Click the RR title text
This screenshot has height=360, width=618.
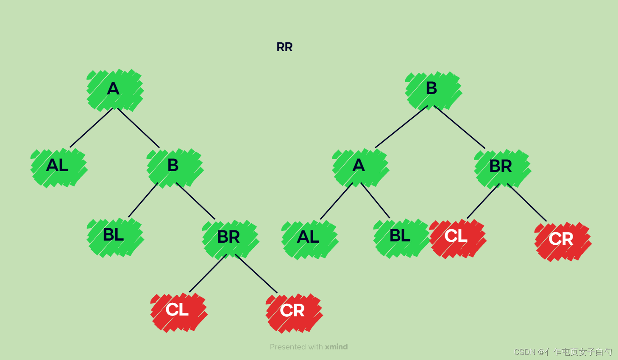(284, 47)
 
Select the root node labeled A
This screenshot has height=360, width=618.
(114, 89)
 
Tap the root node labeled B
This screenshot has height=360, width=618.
(432, 89)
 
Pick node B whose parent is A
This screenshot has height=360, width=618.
(173, 166)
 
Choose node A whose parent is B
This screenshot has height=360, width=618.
(359, 166)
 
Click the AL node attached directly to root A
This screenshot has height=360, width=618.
(58, 166)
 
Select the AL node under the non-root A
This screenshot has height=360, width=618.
(309, 237)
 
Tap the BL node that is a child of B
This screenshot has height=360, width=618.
(114, 235)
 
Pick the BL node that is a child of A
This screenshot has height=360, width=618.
(400, 236)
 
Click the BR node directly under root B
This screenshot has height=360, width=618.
(501, 166)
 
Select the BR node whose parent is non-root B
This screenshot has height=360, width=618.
(229, 237)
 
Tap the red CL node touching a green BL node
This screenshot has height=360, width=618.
(457, 237)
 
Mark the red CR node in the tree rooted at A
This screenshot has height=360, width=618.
(293, 311)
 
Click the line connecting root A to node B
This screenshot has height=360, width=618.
(139, 128)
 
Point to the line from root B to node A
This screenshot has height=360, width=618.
(401, 127)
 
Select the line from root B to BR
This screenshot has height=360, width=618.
(460, 127)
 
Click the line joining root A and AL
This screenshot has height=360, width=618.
(91, 128)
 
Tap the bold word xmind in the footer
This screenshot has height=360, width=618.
(336, 347)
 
